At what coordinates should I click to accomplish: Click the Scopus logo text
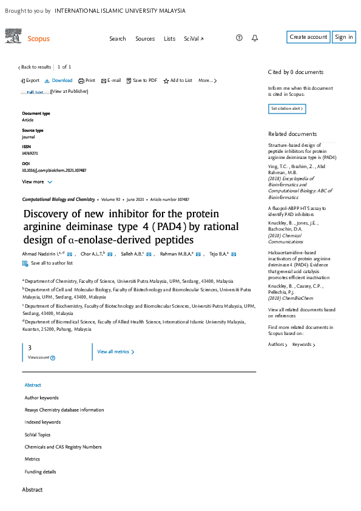click(x=39, y=39)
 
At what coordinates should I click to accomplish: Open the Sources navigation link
click(x=145, y=38)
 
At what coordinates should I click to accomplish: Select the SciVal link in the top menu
click(x=194, y=38)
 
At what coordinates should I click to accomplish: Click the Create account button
click(x=308, y=37)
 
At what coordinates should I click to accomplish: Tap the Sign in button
click(x=343, y=37)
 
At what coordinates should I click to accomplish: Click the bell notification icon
click(x=255, y=38)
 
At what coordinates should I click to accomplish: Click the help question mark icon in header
click(x=239, y=38)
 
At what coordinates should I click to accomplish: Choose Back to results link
click(x=35, y=67)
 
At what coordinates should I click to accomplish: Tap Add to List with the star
click(x=178, y=81)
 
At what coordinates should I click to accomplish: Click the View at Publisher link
click(x=70, y=92)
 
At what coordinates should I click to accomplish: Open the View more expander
click(x=37, y=181)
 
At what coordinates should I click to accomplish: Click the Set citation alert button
click(x=286, y=109)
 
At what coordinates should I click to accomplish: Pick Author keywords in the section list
click(x=41, y=398)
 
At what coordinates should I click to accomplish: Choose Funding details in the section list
click(x=40, y=472)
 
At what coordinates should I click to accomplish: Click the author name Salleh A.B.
click(x=132, y=254)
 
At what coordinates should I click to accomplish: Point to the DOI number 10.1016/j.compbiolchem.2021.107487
click(x=54, y=171)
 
